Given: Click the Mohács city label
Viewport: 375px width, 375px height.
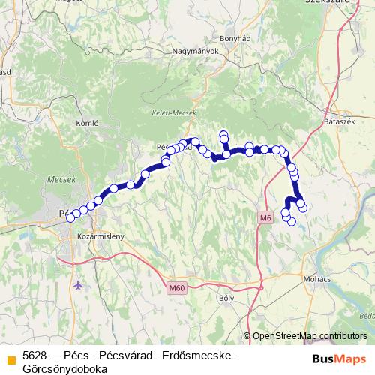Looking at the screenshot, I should (x=316, y=278).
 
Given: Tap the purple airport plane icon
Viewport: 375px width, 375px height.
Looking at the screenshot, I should (x=80, y=285).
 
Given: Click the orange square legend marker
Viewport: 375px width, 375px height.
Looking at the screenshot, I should (x=10, y=359).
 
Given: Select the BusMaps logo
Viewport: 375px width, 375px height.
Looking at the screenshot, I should (x=340, y=358).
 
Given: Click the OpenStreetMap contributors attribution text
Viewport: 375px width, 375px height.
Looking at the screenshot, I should (x=310, y=336).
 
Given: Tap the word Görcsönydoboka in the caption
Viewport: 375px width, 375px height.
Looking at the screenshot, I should (x=65, y=368).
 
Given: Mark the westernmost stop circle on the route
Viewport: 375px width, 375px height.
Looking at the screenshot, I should (x=70, y=217).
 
